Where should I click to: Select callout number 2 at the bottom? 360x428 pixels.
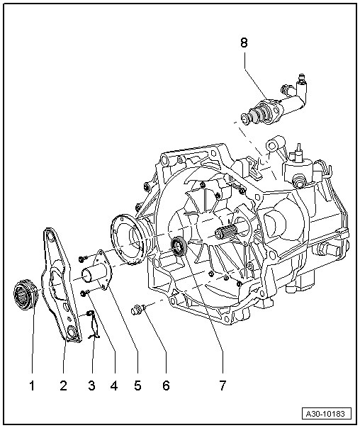63,386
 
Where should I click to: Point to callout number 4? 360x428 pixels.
115,386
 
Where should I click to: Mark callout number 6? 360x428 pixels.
167,386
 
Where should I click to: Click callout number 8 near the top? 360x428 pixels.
244,43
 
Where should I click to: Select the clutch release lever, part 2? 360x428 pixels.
60,283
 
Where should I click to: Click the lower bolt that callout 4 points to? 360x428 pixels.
84,292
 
